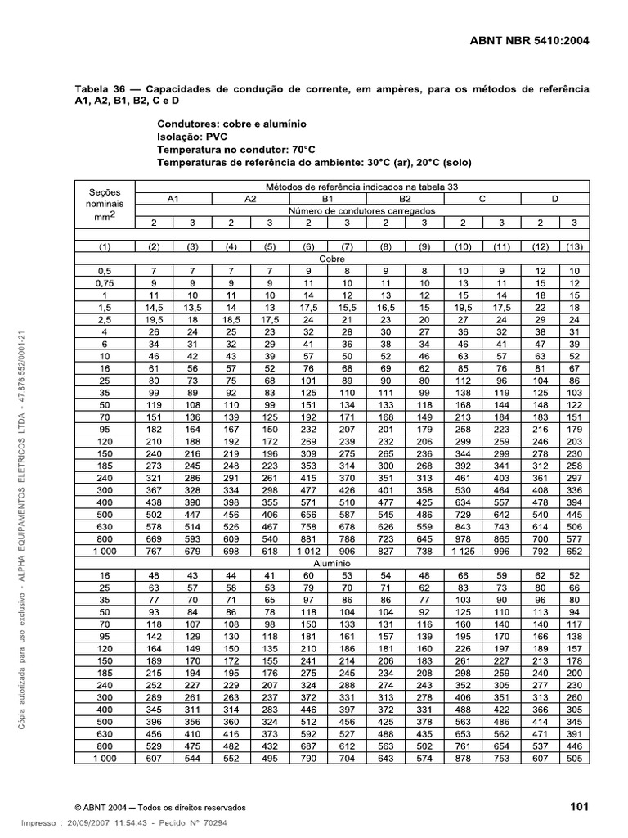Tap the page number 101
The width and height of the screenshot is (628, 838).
click(580, 807)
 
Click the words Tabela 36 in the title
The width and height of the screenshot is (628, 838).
click(101, 88)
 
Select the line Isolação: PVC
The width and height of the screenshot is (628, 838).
click(194, 137)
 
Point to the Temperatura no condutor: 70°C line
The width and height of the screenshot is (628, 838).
click(235, 150)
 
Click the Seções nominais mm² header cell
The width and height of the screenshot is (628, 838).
click(105, 204)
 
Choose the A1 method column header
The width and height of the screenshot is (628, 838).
click(173, 198)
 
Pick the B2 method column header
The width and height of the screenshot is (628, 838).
click(405, 198)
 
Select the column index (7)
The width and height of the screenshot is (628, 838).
click(347, 246)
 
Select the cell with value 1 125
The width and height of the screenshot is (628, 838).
click(463, 552)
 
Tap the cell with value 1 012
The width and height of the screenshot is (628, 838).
click(308, 552)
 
